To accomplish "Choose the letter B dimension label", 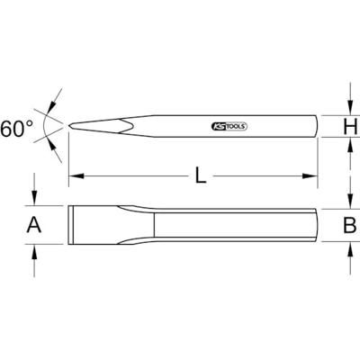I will point(350,226).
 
